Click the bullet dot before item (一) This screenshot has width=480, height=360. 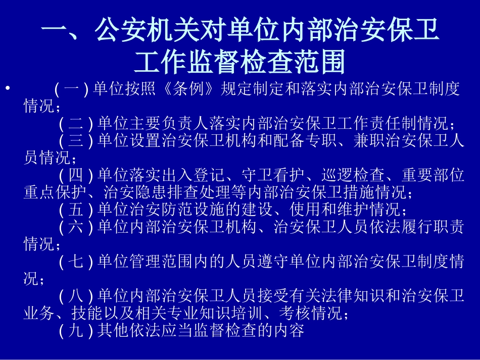tap(7, 89)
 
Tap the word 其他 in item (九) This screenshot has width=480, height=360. tap(110, 330)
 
